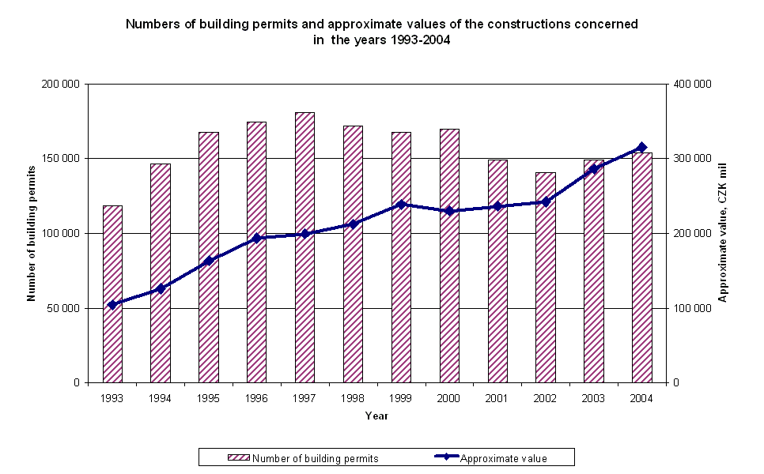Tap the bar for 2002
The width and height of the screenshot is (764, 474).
[x=546, y=277]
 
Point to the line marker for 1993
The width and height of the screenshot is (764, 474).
[x=112, y=304]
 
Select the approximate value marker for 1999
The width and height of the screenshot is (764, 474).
[x=401, y=204]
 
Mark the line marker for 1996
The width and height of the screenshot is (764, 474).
[x=257, y=238]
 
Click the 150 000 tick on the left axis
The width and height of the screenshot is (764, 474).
[x=63, y=159]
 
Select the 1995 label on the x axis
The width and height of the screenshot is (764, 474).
[x=209, y=398]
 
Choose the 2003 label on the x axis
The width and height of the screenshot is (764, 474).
[x=594, y=398]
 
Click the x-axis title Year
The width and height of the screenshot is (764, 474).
[x=376, y=416]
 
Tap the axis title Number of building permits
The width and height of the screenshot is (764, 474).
[x=32, y=233]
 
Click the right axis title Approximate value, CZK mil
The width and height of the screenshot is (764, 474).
[x=723, y=233]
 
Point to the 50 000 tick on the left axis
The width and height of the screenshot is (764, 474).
[x=66, y=308]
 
